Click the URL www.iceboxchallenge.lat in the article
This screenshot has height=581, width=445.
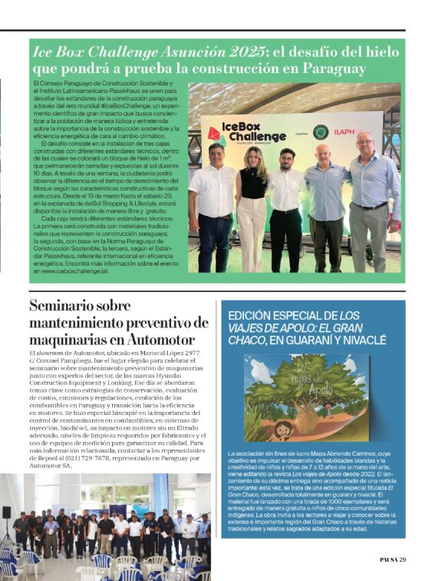click(x=74, y=271)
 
